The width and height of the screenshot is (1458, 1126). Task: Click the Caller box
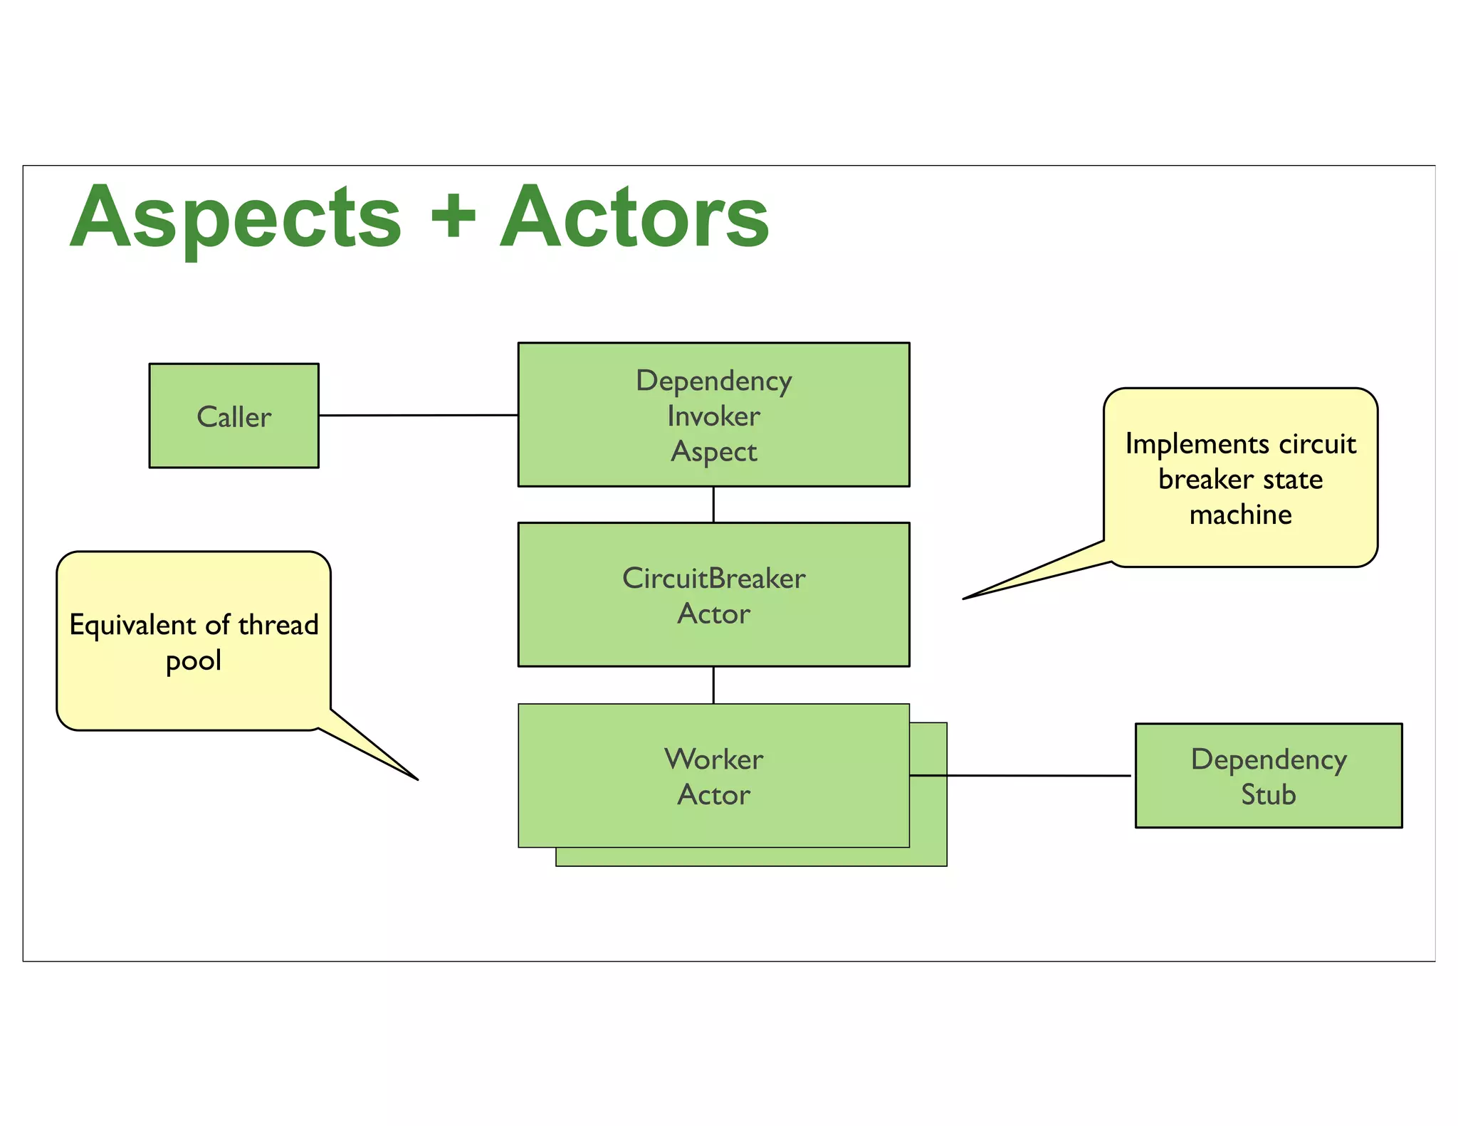point(234,416)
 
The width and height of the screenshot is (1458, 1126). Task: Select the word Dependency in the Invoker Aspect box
point(713,382)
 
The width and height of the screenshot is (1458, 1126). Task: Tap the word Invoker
point(713,416)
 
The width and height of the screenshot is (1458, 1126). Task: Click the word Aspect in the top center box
point(713,452)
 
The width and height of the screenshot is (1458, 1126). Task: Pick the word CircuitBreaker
point(713,578)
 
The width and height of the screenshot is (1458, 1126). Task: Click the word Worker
point(713,759)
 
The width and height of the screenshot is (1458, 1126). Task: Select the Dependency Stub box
point(1268,776)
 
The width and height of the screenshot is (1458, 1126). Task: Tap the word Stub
point(1268,795)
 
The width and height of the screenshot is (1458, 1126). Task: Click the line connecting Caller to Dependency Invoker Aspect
point(418,415)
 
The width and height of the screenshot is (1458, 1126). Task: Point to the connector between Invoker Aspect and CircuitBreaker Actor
point(713,505)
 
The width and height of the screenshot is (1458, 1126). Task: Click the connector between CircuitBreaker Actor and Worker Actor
point(713,685)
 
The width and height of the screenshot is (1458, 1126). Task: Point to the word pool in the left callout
point(194,661)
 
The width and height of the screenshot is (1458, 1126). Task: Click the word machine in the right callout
point(1240,515)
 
